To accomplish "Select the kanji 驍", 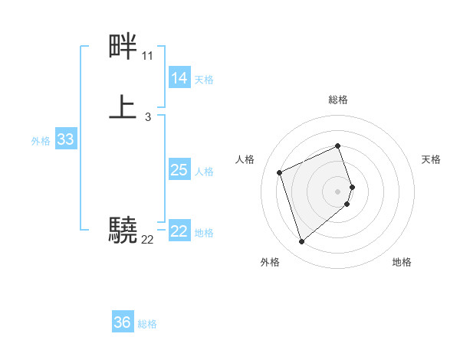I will tap(123, 230).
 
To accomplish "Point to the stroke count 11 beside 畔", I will tap(147, 57).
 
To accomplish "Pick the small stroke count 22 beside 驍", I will tap(147, 240).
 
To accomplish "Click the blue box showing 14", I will tap(179, 77).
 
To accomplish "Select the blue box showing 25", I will tap(179, 170).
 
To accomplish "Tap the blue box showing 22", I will tap(179, 231).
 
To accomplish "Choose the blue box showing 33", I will tap(65, 139).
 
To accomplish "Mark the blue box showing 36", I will tap(123, 322).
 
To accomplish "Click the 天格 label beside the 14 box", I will tap(204, 79).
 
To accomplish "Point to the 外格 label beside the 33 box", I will tap(41, 141).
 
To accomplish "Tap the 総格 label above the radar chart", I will tap(338, 100).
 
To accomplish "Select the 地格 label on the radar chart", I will tap(402, 262).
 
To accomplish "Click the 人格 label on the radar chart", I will tap(245, 159).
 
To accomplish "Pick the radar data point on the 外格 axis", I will tap(301, 242).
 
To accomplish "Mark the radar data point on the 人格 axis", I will tap(281, 172).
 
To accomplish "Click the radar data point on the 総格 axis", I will tap(338, 146).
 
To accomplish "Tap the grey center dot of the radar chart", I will tap(338, 190).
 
